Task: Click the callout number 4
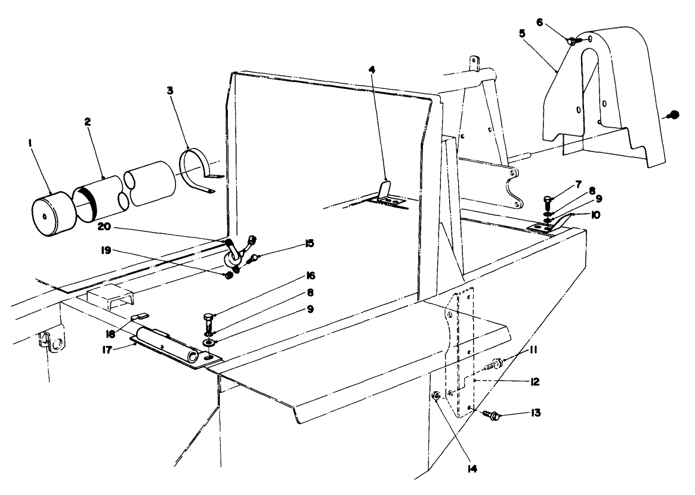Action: pos(372,69)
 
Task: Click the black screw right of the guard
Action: pos(674,114)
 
